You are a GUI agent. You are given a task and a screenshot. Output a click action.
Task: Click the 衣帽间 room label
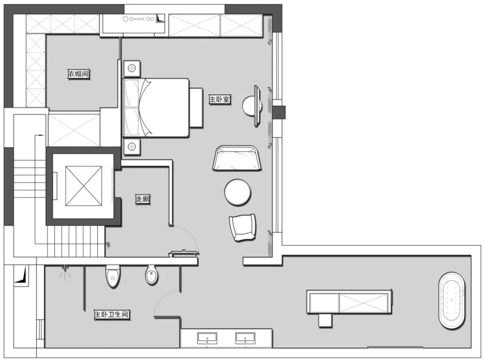(79, 74)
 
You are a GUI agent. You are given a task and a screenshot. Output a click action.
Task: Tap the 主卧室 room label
(220, 100)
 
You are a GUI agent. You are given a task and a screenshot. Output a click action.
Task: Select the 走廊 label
(143, 199)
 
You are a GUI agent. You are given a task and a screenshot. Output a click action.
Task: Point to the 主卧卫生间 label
(111, 315)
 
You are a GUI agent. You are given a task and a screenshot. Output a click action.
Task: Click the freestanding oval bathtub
(452, 300)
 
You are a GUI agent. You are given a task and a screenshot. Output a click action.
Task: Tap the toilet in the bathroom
(112, 276)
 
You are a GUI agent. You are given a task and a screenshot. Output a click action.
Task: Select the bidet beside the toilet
(151, 274)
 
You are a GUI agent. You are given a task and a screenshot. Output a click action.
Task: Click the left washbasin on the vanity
(207, 338)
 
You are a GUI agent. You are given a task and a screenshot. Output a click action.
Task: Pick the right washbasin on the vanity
(246, 338)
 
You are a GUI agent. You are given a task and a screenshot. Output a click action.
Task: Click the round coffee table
(238, 192)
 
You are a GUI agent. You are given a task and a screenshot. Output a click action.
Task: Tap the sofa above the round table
(237, 158)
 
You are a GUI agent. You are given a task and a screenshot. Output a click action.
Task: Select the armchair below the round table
(242, 227)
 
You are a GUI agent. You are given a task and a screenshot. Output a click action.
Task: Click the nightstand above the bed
(132, 68)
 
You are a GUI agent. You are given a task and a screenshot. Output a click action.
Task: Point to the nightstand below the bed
(132, 146)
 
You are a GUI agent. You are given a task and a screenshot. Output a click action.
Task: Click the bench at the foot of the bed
(196, 108)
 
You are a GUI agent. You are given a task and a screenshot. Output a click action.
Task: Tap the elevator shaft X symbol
(84, 186)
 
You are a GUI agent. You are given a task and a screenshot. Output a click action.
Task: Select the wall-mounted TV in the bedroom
(256, 106)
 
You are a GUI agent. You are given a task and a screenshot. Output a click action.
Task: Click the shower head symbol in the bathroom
(65, 272)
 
